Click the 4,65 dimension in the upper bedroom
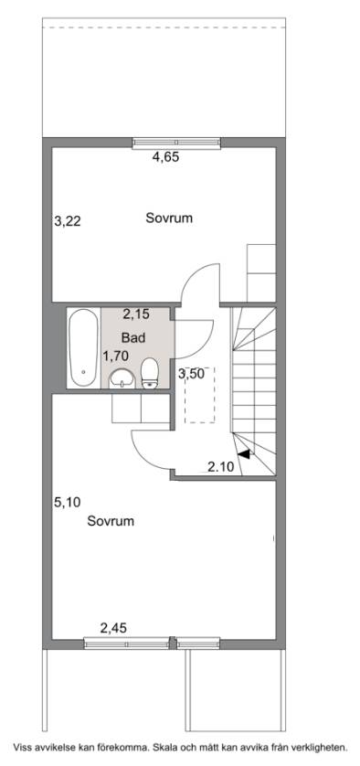point(166,157)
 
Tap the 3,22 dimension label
point(68,222)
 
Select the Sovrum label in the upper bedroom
point(169,218)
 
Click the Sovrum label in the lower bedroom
point(111,521)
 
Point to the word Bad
point(132,337)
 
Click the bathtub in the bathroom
point(83,348)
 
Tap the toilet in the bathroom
point(150,373)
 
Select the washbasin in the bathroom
point(122,378)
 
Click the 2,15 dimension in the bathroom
point(135,315)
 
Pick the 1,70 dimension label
point(115,356)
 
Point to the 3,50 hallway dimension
point(191,374)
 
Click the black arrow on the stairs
point(244,453)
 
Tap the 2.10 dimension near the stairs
point(220,467)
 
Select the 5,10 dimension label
point(68,502)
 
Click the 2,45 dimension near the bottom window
point(113,628)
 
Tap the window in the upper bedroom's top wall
point(176,144)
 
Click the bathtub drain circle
point(83,372)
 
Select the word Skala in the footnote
point(166,748)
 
